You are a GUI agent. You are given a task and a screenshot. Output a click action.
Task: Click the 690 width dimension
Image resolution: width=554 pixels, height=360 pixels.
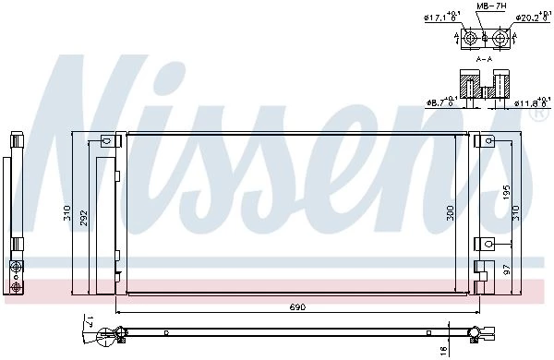click(x=297, y=307)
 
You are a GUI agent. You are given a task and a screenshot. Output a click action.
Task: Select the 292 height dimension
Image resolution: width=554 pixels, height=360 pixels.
click(x=83, y=218)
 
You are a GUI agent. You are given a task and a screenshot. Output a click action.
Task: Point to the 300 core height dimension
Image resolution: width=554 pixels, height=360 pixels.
click(x=451, y=212)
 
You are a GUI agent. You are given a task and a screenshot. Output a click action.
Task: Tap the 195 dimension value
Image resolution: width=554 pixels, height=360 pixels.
click(x=507, y=193)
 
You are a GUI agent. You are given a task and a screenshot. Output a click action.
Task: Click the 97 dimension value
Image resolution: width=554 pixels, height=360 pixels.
click(x=507, y=270)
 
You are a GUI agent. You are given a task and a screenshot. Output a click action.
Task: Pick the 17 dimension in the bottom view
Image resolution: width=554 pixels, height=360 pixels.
click(x=90, y=322)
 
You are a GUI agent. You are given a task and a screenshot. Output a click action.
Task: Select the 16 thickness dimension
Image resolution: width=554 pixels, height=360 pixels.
click(x=444, y=350)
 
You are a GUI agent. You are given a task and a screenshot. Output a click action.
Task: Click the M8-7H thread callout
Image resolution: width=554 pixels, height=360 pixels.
click(x=491, y=6)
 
